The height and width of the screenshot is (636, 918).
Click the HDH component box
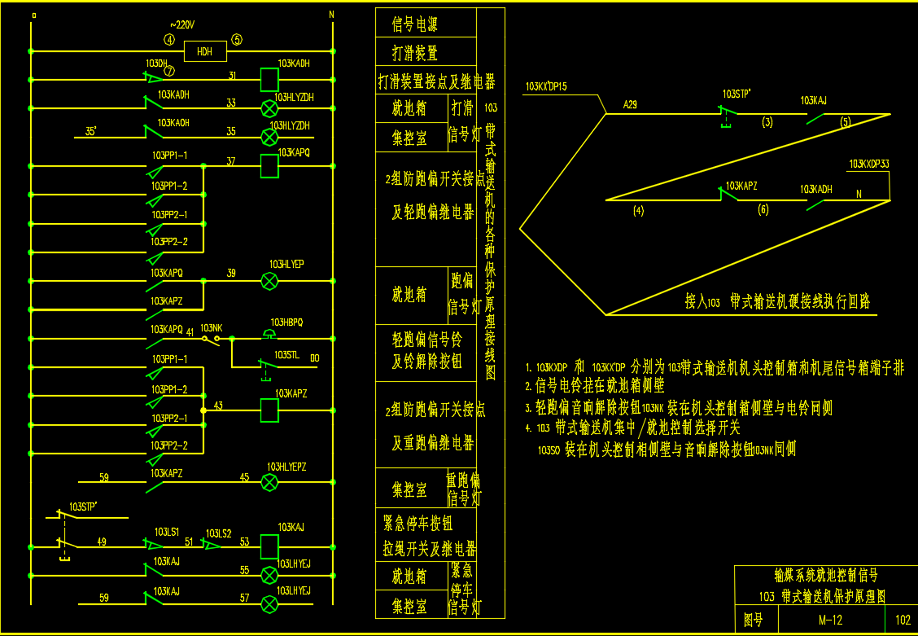pyautogui.click(x=204, y=52)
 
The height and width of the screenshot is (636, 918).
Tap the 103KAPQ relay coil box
pyautogui.click(x=269, y=165)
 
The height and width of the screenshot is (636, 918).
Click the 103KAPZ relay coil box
pyautogui.click(x=269, y=410)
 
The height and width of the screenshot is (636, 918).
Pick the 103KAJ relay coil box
pyautogui.click(x=269, y=545)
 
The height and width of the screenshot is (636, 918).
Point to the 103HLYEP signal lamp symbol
pyautogui.click(x=269, y=282)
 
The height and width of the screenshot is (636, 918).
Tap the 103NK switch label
pyautogui.click(x=211, y=327)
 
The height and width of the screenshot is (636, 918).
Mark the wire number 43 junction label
pyautogui.click(x=218, y=405)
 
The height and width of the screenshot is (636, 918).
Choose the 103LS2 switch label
pyautogui.click(x=218, y=533)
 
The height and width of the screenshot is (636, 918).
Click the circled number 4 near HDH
pyautogui.click(x=169, y=39)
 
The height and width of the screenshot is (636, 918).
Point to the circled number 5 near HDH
pyautogui.click(x=237, y=39)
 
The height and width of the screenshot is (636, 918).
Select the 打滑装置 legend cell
pyautogui.click(x=416, y=54)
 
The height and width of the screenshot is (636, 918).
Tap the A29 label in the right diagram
pyautogui.click(x=630, y=104)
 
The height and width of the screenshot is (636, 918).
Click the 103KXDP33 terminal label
pyautogui.click(x=868, y=164)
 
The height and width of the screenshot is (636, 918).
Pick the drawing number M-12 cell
pyautogui.click(x=830, y=620)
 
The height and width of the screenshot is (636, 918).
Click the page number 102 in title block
pyautogui.click(x=903, y=620)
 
